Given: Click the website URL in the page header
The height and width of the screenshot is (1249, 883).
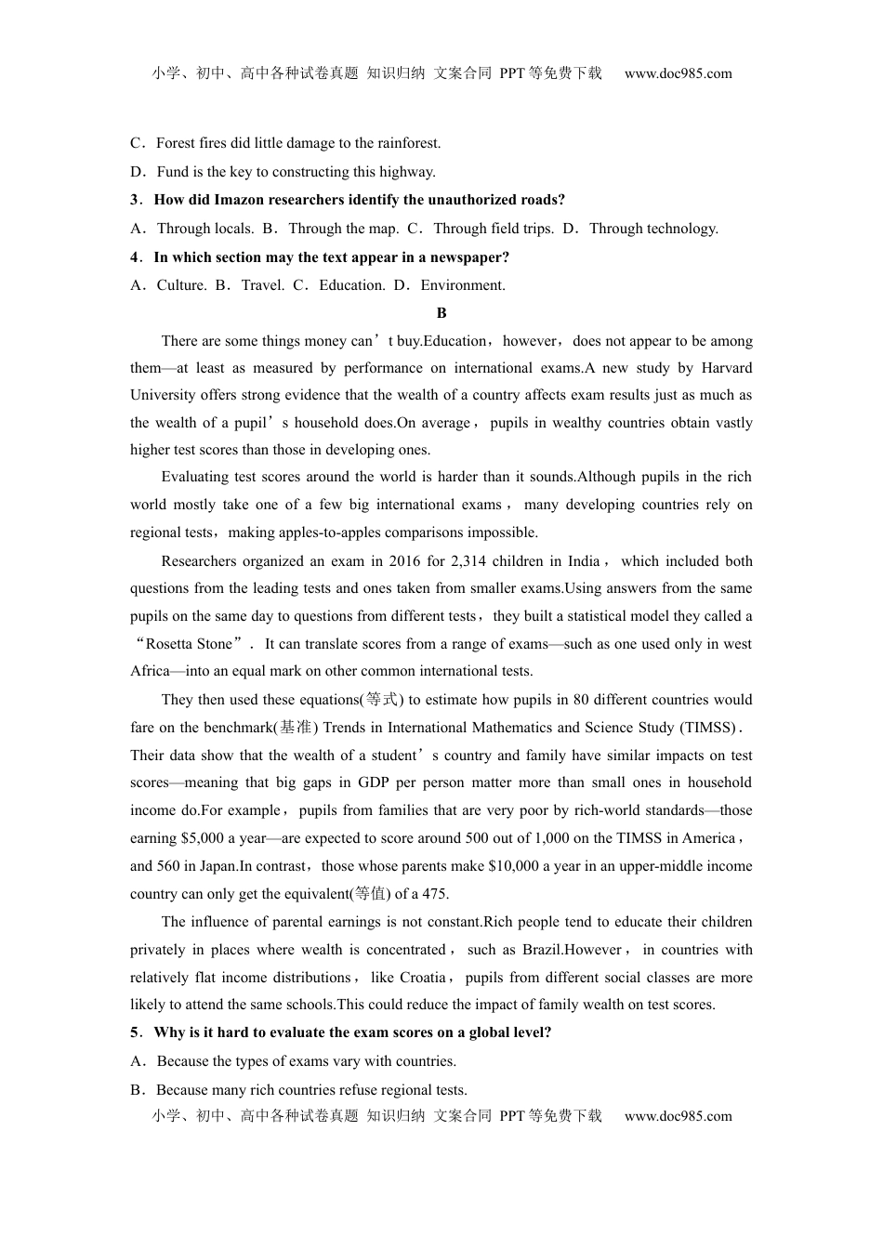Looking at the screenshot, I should click(x=678, y=73).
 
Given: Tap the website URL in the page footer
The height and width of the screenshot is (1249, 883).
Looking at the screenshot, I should click(x=678, y=1116).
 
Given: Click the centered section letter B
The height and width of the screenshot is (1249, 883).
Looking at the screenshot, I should click(x=441, y=313).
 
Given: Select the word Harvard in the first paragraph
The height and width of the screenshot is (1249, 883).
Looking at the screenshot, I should click(x=727, y=368).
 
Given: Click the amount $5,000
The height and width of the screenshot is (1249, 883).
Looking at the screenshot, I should click(x=202, y=838).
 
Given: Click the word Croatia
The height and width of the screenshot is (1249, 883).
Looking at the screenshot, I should click(x=422, y=978).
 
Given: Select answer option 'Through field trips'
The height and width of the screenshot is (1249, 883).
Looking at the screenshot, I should click(x=493, y=229).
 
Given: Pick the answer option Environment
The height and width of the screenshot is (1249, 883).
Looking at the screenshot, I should click(x=463, y=285).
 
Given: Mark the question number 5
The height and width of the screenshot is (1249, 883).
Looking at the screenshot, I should click(x=135, y=1032).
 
